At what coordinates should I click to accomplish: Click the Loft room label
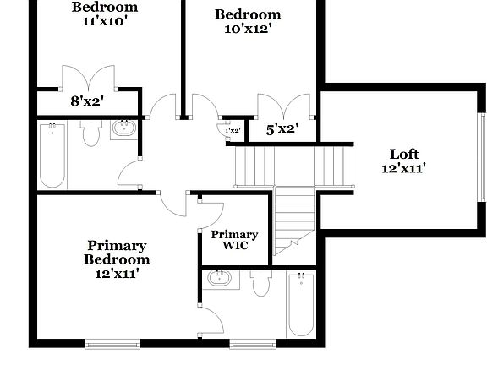click(x=403, y=154)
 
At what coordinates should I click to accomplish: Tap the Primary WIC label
click(x=234, y=240)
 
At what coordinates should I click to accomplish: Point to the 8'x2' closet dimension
click(x=86, y=101)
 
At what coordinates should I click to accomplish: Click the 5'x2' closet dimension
click(x=282, y=129)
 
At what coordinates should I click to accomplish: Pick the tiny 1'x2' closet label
click(x=233, y=131)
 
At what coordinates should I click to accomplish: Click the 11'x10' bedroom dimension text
click(x=105, y=21)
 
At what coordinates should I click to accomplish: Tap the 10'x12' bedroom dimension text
click(x=247, y=28)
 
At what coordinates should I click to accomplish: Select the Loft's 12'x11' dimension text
click(x=403, y=168)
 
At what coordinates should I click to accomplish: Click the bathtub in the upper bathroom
click(x=52, y=155)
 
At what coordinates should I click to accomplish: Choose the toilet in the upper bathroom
click(x=91, y=133)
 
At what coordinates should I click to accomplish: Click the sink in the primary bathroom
click(x=220, y=278)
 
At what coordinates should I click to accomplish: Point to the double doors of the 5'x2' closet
click(x=285, y=108)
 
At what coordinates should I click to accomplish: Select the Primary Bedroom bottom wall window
click(x=112, y=343)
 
